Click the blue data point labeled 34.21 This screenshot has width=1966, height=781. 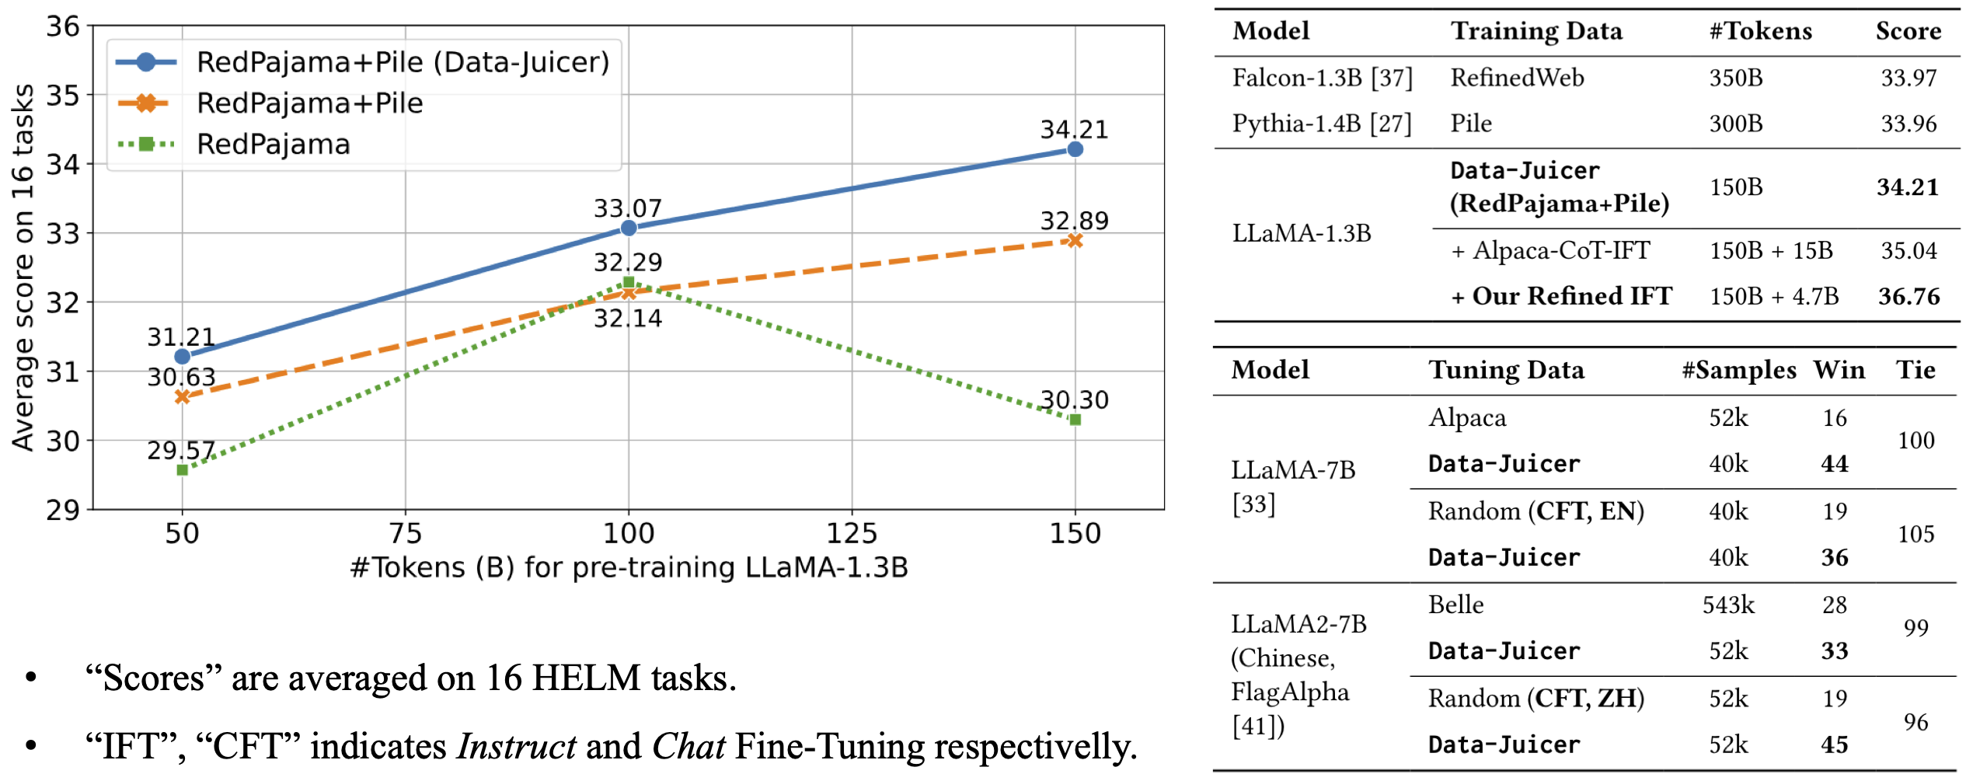(1075, 149)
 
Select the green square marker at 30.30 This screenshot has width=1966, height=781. (1075, 420)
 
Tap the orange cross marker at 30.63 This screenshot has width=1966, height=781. (182, 396)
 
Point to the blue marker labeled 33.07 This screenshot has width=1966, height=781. (629, 228)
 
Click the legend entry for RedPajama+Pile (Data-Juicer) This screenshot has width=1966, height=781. (403, 62)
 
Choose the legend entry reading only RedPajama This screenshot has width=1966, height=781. (273, 145)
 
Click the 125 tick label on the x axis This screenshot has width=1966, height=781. (852, 534)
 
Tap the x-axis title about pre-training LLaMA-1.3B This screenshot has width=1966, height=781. (629, 568)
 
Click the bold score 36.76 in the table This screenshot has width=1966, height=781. (1908, 296)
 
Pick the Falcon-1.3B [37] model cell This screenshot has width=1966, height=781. (1322, 78)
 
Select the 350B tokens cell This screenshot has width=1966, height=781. (1735, 78)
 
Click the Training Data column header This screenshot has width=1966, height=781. (1536, 31)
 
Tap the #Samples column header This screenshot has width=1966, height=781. (1738, 370)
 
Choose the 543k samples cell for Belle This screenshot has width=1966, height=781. (1728, 605)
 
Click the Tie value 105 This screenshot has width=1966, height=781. (1915, 534)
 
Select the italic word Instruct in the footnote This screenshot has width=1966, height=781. (517, 747)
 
